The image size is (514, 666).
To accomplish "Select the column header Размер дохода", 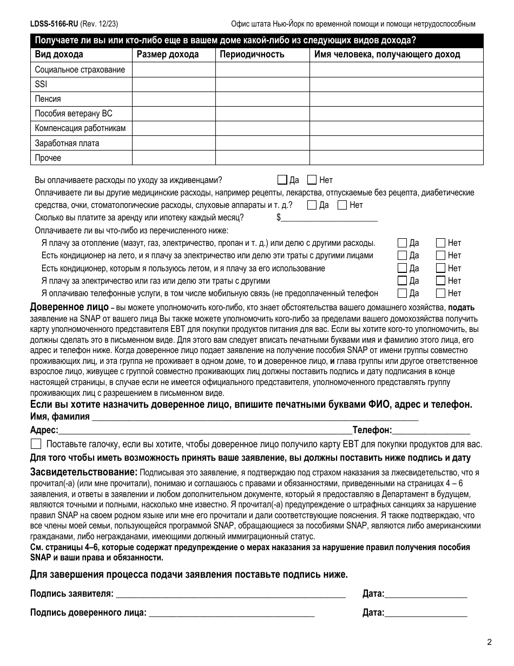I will pyautogui.click(x=167, y=54).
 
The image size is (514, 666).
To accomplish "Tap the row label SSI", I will pyautogui.click(x=41, y=84).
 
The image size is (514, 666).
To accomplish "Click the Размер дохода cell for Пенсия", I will pyautogui.click(x=174, y=99).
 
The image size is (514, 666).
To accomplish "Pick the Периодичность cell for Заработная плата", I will pyautogui.click(x=262, y=143).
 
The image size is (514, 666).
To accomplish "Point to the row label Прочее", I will pyautogui.click(x=48, y=158).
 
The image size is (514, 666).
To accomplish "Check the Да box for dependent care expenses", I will pyautogui.click(x=282, y=180).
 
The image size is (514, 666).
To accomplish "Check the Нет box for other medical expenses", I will pyautogui.click(x=342, y=205).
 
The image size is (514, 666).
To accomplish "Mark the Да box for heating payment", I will pyautogui.click(x=402, y=243).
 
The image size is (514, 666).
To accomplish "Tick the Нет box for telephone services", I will pyautogui.click(x=440, y=293).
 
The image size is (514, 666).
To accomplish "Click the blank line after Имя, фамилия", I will pyautogui.click(x=255, y=417).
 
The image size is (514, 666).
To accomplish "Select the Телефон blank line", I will pyautogui.click(x=431, y=430).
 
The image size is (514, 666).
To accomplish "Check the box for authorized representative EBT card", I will pyautogui.click(x=36, y=444).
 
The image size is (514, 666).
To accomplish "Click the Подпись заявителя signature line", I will pyautogui.click(x=230, y=594).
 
